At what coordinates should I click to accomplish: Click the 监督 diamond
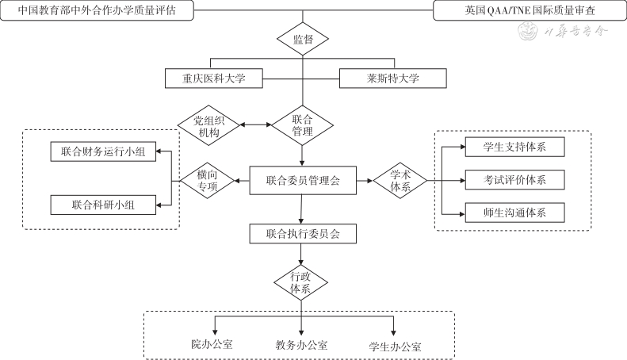coord(302,38)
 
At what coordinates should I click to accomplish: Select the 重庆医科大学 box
coord(213,79)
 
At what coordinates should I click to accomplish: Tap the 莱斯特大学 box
coord(392,79)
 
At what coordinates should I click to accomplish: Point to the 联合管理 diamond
coord(302,125)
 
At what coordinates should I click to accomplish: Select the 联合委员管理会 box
coord(303,181)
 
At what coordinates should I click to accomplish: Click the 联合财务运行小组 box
coord(103,150)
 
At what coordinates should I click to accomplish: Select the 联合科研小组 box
coord(103,205)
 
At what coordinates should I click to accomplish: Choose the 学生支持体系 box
coord(514,147)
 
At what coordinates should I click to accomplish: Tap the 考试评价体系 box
coord(514,180)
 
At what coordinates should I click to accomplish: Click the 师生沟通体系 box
coord(514,213)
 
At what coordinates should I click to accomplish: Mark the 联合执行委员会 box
coord(303,234)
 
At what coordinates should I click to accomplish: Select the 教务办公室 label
coord(301,345)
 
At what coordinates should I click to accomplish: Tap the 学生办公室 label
coord(395,347)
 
